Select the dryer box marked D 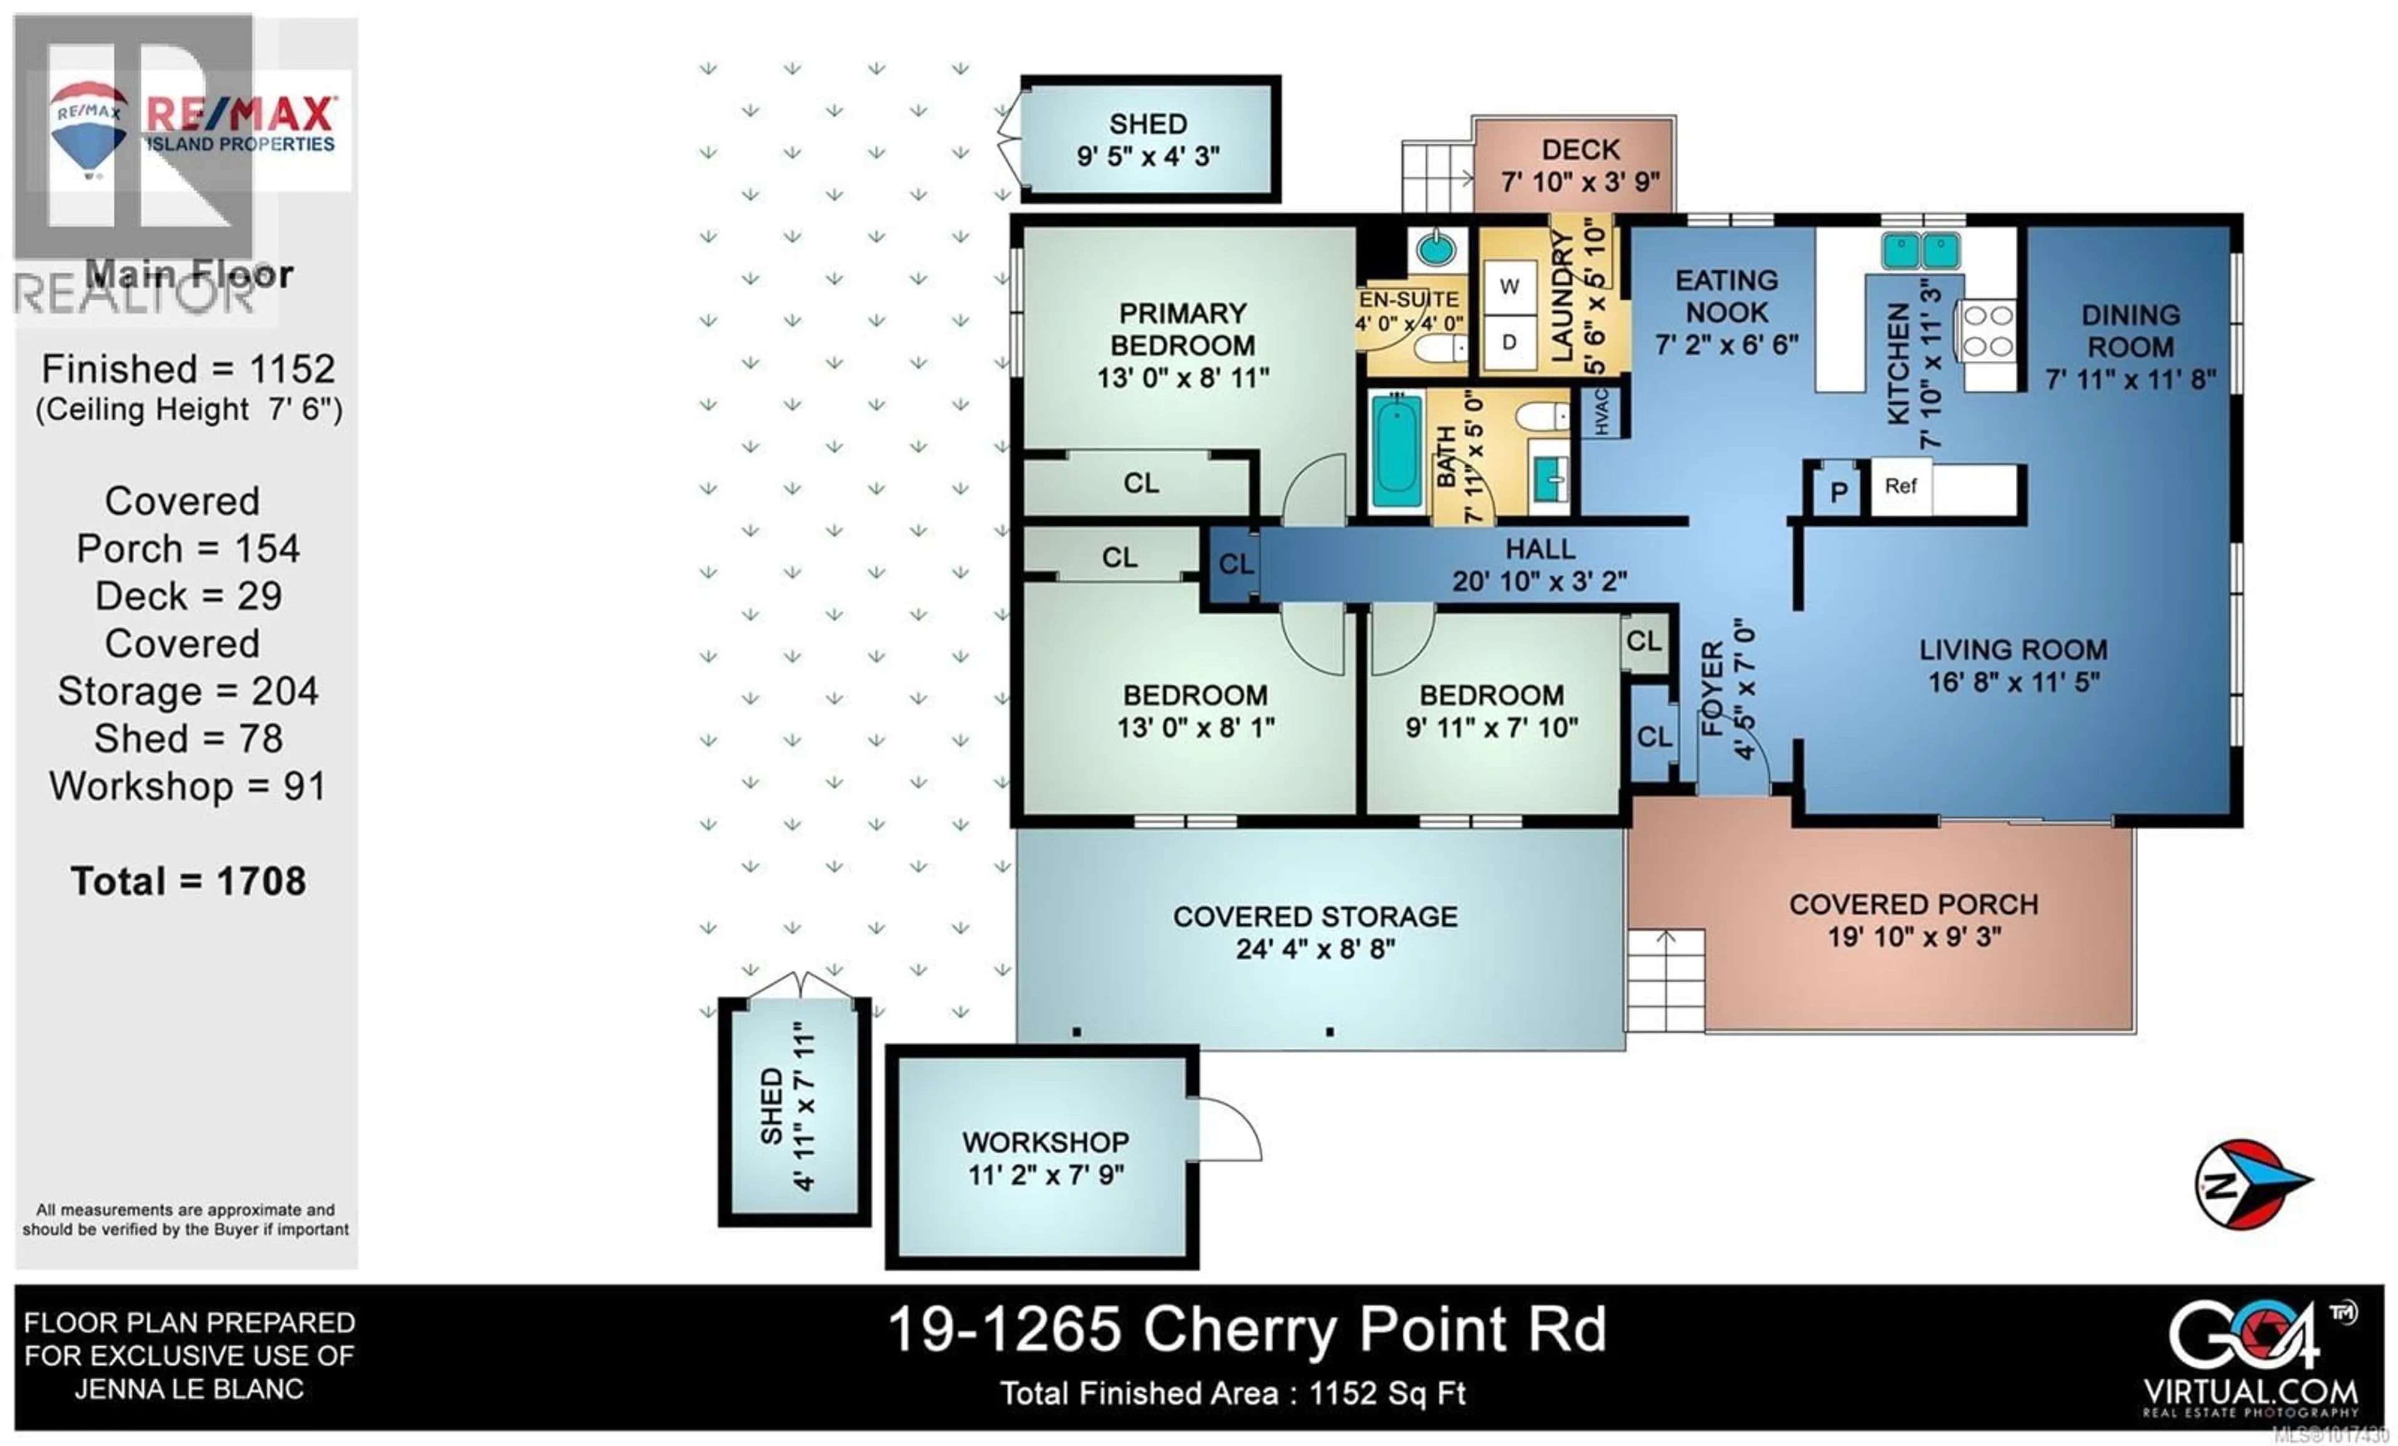pos(1509,343)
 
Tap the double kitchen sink pos(1920,251)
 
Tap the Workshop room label pos(1045,1141)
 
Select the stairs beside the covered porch pos(1665,981)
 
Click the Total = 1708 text pos(188,882)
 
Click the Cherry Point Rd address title pos(1246,1330)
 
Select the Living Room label pos(2013,650)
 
